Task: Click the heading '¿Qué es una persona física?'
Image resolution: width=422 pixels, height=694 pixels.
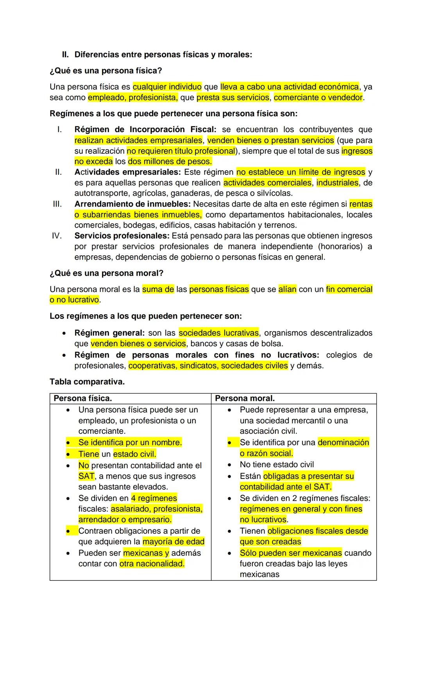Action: (105, 71)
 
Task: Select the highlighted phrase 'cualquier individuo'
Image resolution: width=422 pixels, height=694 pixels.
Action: (167, 87)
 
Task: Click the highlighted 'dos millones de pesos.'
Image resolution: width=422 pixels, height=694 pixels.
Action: (170, 161)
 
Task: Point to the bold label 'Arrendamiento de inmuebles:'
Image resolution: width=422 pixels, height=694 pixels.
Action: (132, 204)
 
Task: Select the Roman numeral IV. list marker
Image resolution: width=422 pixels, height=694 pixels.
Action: (57, 236)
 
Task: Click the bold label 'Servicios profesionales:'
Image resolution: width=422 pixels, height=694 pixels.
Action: (122, 236)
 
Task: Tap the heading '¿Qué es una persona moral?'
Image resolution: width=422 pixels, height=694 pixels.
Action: (106, 273)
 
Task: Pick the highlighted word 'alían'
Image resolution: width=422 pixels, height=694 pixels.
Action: (287, 289)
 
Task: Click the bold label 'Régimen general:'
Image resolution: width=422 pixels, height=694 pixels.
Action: (109, 333)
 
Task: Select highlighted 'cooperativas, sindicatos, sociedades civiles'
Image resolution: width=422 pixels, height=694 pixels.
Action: (208, 366)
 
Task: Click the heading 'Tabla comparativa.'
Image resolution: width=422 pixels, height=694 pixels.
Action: (87, 382)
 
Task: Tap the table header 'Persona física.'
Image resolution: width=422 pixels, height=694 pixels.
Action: (83, 399)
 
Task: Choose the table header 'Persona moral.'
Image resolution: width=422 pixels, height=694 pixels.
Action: (245, 399)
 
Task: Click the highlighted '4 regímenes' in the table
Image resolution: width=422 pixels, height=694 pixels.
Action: (154, 498)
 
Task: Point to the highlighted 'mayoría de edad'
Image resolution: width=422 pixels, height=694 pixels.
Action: (173, 542)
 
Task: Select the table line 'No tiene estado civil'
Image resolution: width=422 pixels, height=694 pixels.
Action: (277, 464)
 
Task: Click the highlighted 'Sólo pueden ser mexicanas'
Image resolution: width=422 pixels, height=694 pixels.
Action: (291, 553)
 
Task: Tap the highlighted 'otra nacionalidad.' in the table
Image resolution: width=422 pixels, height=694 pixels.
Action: (152, 564)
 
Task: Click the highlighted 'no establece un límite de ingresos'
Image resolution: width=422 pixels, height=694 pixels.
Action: (301, 172)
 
